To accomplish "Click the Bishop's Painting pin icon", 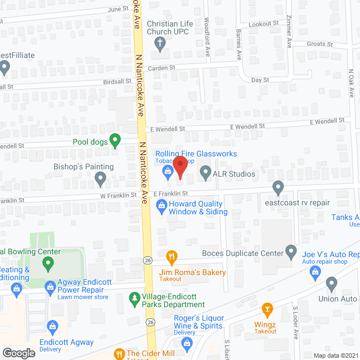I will tap(101, 179).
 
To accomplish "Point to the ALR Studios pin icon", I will tap(205, 173).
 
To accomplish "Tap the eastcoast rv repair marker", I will tap(278, 187).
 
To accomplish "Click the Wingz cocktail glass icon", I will tap(267, 309).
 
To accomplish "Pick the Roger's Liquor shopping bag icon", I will tap(188, 343).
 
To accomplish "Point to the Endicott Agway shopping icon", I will tap(53, 326).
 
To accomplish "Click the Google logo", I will tap(18, 353).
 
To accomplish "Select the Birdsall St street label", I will tap(116, 81).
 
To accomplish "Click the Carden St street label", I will tap(161, 67).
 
